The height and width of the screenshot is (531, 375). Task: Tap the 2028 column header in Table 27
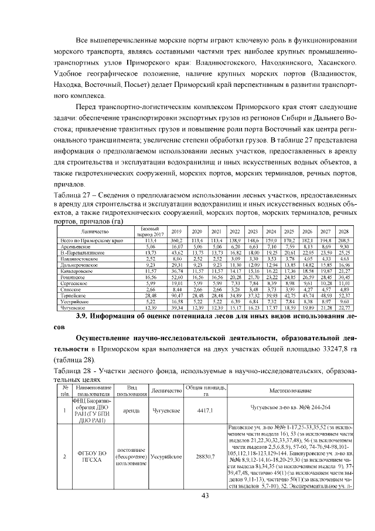[344, 232]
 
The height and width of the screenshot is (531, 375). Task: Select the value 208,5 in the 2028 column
[344, 241]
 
